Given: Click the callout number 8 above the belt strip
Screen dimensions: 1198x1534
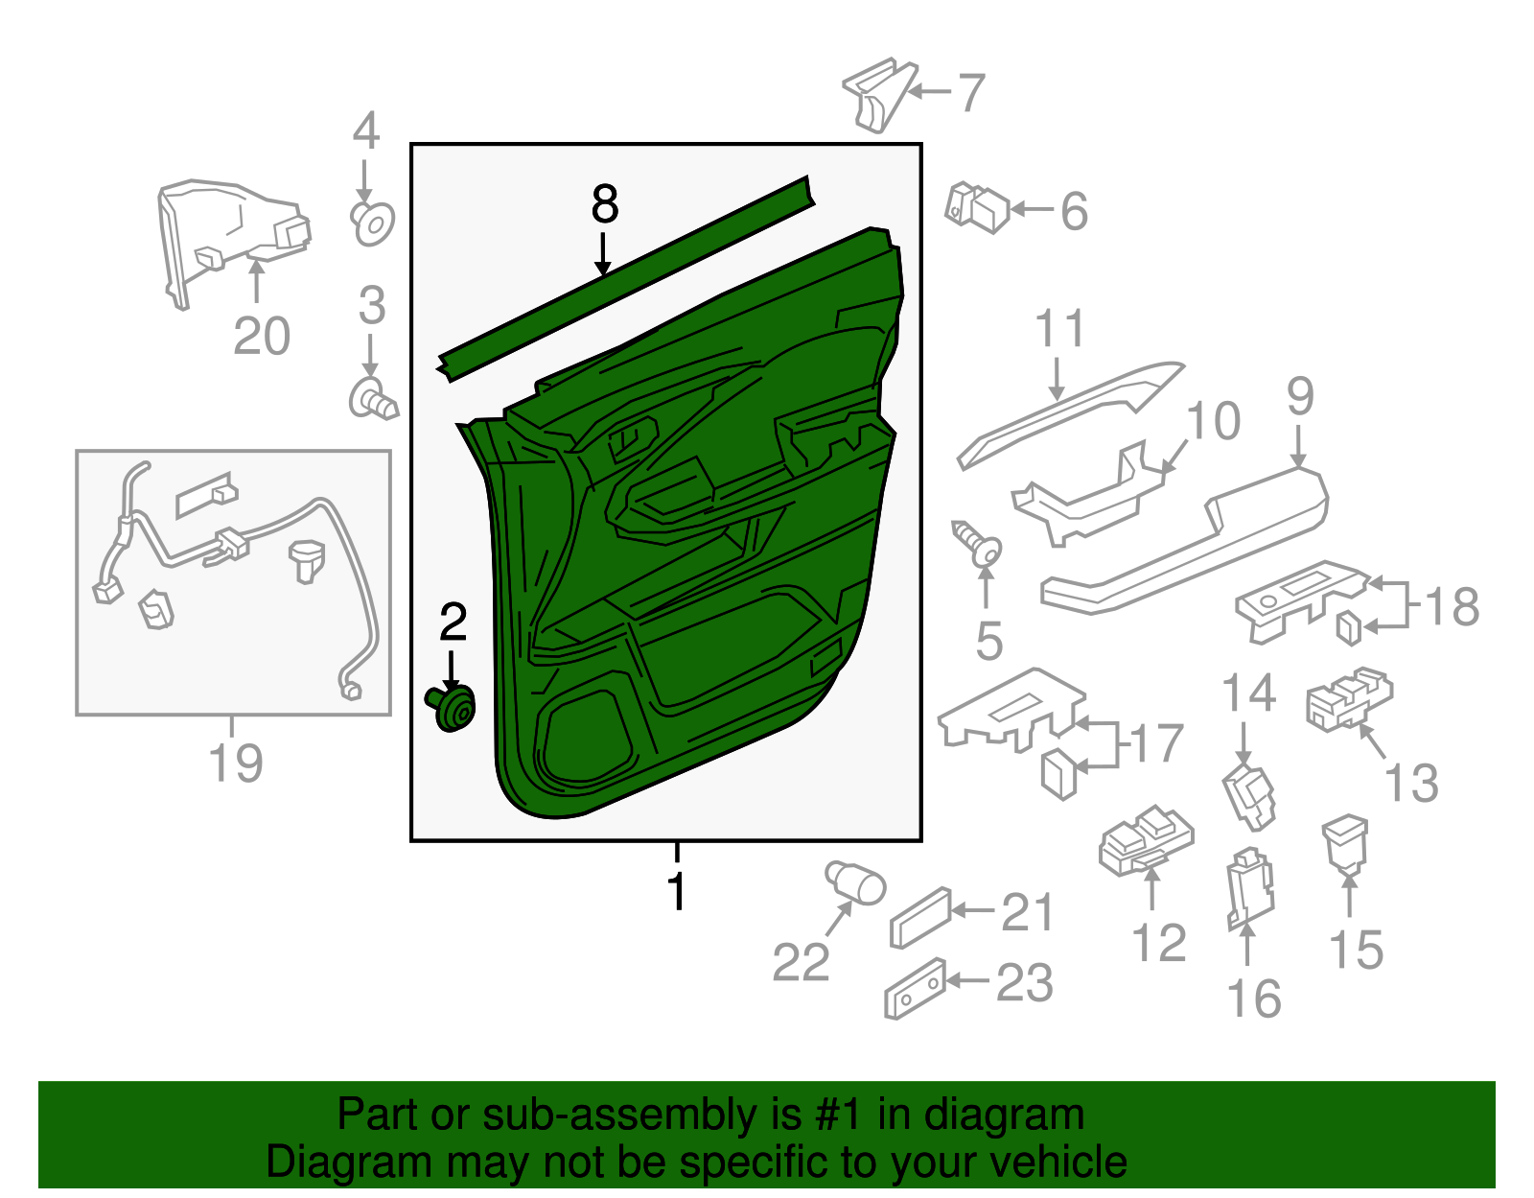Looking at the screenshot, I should point(605,204).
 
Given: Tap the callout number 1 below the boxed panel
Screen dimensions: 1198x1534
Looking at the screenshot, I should point(677,890).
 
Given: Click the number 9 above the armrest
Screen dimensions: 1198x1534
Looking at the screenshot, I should point(1299,397).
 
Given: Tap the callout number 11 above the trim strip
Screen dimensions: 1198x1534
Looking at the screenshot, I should point(1059,329).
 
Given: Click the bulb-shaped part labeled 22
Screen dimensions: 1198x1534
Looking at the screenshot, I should point(855,882).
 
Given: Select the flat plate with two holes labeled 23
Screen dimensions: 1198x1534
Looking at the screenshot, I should point(915,988).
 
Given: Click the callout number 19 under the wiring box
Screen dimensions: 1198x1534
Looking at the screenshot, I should point(236,763).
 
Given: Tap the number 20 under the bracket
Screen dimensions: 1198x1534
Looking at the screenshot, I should point(261,336).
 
